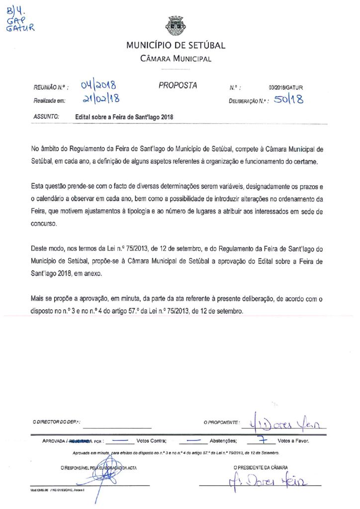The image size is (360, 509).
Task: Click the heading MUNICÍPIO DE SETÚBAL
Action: tap(176, 46)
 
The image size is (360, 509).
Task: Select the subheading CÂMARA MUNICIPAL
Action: tap(176, 59)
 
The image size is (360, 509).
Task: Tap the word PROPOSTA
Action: tap(178, 85)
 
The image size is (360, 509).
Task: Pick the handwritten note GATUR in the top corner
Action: tap(20, 28)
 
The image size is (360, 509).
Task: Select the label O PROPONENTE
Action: tap(222, 422)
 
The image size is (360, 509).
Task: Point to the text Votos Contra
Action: tap(151, 440)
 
